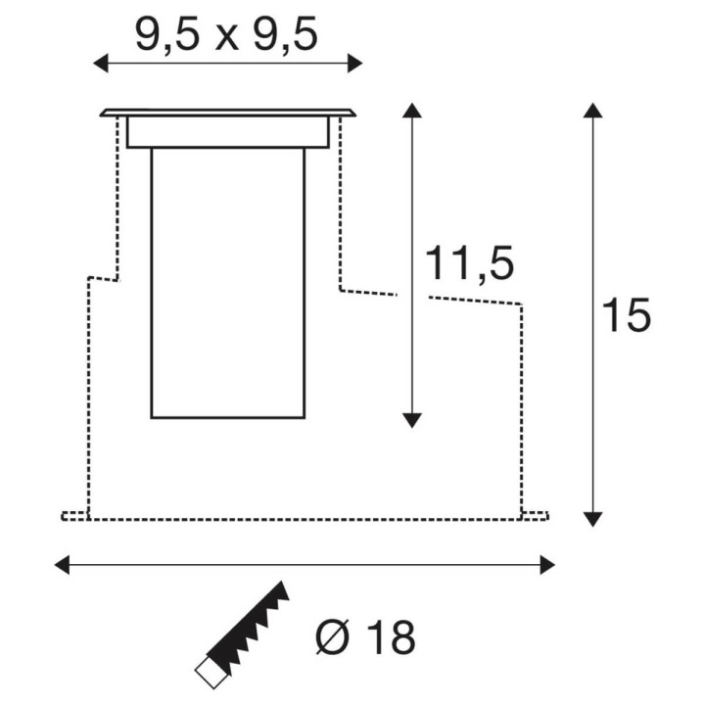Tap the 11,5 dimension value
tap(469, 264)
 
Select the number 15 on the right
tap(626, 314)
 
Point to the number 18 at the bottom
tap(391, 637)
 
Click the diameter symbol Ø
tap(333, 637)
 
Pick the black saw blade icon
tap(248, 628)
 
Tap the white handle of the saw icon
tap(211, 672)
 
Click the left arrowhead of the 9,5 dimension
tap(101, 63)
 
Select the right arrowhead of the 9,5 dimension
tap(354, 63)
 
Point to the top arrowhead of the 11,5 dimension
tap(412, 111)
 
